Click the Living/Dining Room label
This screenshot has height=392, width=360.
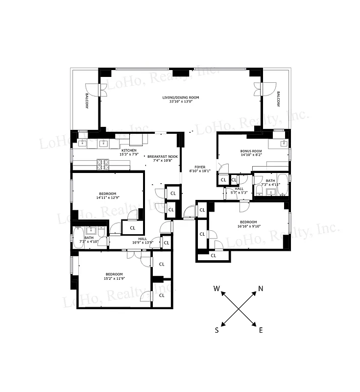pyautogui.click(x=181, y=98)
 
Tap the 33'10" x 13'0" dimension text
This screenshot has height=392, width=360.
pyautogui.click(x=181, y=102)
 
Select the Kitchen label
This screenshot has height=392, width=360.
pyautogui.click(x=129, y=150)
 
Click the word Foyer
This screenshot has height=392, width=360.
pyautogui.click(x=200, y=167)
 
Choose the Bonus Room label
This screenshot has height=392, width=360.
pyautogui.click(x=251, y=151)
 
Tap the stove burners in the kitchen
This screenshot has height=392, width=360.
pyautogui.click(x=103, y=164)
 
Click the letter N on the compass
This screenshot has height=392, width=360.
pyautogui.click(x=261, y=288)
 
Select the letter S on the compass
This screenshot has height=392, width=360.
pyautogui.click(x=216, y=330)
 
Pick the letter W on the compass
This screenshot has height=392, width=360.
pyautogui.click(x=216, y=289)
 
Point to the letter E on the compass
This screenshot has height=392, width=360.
pyautogui.click(x=261, y=330)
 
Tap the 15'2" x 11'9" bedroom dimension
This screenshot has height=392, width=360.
pyautogui.click(x=114, y=278)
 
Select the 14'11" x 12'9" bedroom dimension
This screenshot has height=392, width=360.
pyautogui.click(x=107, y=198)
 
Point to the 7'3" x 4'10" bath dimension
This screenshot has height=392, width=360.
pyautogui.click(x=89, y=242)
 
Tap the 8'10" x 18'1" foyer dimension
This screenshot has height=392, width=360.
pyautogui.click(x=200, y=171)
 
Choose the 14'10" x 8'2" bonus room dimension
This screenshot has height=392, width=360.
pyautogui.click(x=251, y=155)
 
